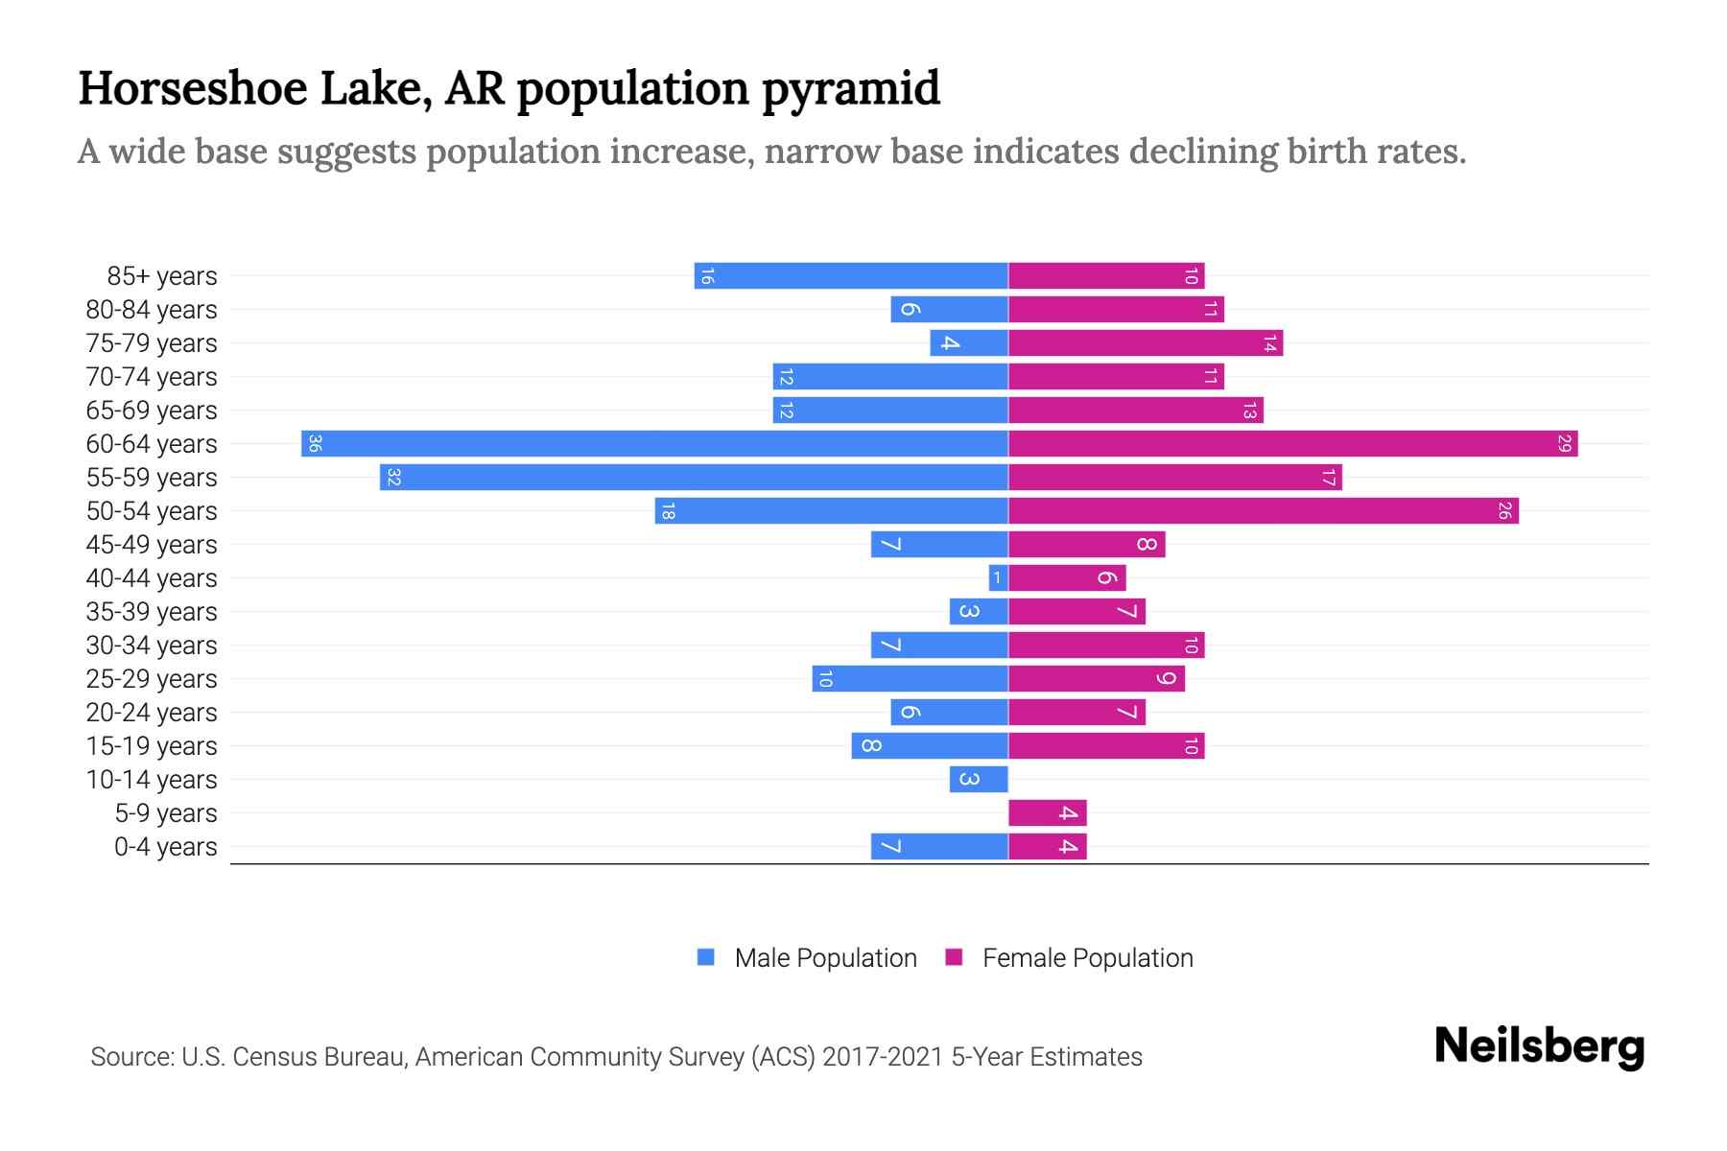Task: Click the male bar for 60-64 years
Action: (654, 444)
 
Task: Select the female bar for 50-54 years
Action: (1263, 511)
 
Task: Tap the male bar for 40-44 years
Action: (998, 578)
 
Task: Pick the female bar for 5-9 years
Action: (1047, 813)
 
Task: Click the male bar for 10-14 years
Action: (979, 780)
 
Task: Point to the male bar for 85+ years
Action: (851, 276)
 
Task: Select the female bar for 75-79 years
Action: (1145, 343)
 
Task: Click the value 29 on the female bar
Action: (1564, 444)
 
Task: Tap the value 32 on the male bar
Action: (393, 478)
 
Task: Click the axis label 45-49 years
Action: (152, 545)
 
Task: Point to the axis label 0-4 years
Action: (165, 847)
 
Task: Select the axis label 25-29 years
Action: (152, 679)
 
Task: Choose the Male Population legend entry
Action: (825, 958)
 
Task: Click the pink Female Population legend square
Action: (954, 957)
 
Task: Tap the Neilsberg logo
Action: (1539, 1046)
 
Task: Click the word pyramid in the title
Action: (851, 89)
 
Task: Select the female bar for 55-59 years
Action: (1174, 478)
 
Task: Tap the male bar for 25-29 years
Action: (910, 679)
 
